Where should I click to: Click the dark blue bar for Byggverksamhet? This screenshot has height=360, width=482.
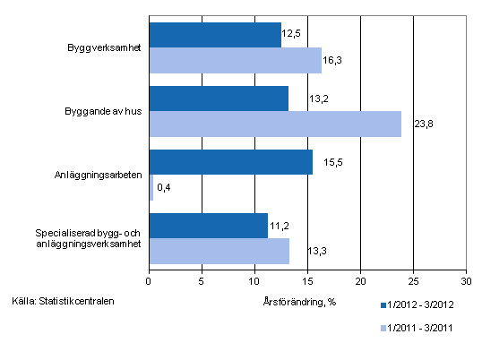215,35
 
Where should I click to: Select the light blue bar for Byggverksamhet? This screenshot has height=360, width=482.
235,60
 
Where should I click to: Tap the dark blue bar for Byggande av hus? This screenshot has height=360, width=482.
219,99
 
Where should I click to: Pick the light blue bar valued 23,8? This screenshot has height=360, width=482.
274,124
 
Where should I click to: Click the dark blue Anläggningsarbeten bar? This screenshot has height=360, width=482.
230,162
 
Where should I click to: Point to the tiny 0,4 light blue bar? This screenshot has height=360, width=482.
151,187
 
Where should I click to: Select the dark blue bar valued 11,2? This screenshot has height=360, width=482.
208,226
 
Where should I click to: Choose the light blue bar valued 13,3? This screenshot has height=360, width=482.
219,251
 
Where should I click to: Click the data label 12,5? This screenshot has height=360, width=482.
291,33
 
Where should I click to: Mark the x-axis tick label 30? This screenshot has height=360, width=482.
466,276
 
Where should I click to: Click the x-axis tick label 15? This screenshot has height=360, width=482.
307,276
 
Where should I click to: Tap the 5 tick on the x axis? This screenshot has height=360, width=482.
202,276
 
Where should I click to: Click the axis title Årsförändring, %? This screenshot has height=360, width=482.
302,302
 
